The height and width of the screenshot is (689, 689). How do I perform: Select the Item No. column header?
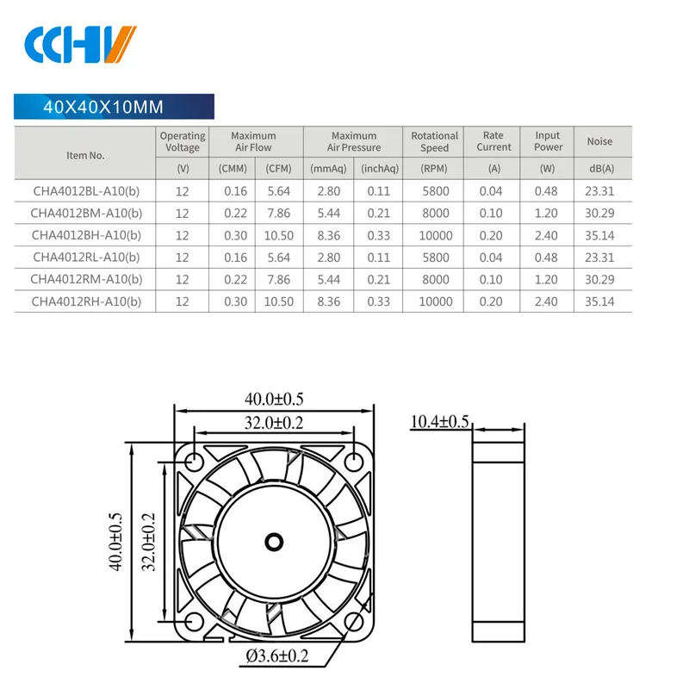[85, 155]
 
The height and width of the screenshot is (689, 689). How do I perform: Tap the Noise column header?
[599, 141]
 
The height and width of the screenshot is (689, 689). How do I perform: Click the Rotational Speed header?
[434, 141]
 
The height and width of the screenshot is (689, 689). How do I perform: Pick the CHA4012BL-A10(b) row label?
[85, 191]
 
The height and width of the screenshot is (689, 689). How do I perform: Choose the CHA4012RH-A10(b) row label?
[85, 301]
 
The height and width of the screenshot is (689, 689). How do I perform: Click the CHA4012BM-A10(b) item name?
[85, 213]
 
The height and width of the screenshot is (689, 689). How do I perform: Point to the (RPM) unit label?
[434, 168]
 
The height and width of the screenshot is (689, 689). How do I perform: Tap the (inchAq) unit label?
[379, 168]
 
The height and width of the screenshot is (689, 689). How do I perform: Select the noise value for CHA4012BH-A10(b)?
[599, 235]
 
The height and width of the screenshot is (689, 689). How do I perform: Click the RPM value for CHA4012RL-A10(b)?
[434, 257]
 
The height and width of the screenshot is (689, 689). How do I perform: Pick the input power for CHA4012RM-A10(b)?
[548, 279]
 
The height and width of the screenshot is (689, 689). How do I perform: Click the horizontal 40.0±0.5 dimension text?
[274, 399]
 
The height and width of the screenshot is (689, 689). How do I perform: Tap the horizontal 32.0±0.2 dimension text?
[274, 423]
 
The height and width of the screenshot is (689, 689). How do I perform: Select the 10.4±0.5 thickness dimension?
[439, 421]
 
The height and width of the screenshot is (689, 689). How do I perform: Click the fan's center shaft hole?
[275, 541]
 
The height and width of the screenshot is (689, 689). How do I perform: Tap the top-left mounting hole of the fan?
[192, 459]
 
